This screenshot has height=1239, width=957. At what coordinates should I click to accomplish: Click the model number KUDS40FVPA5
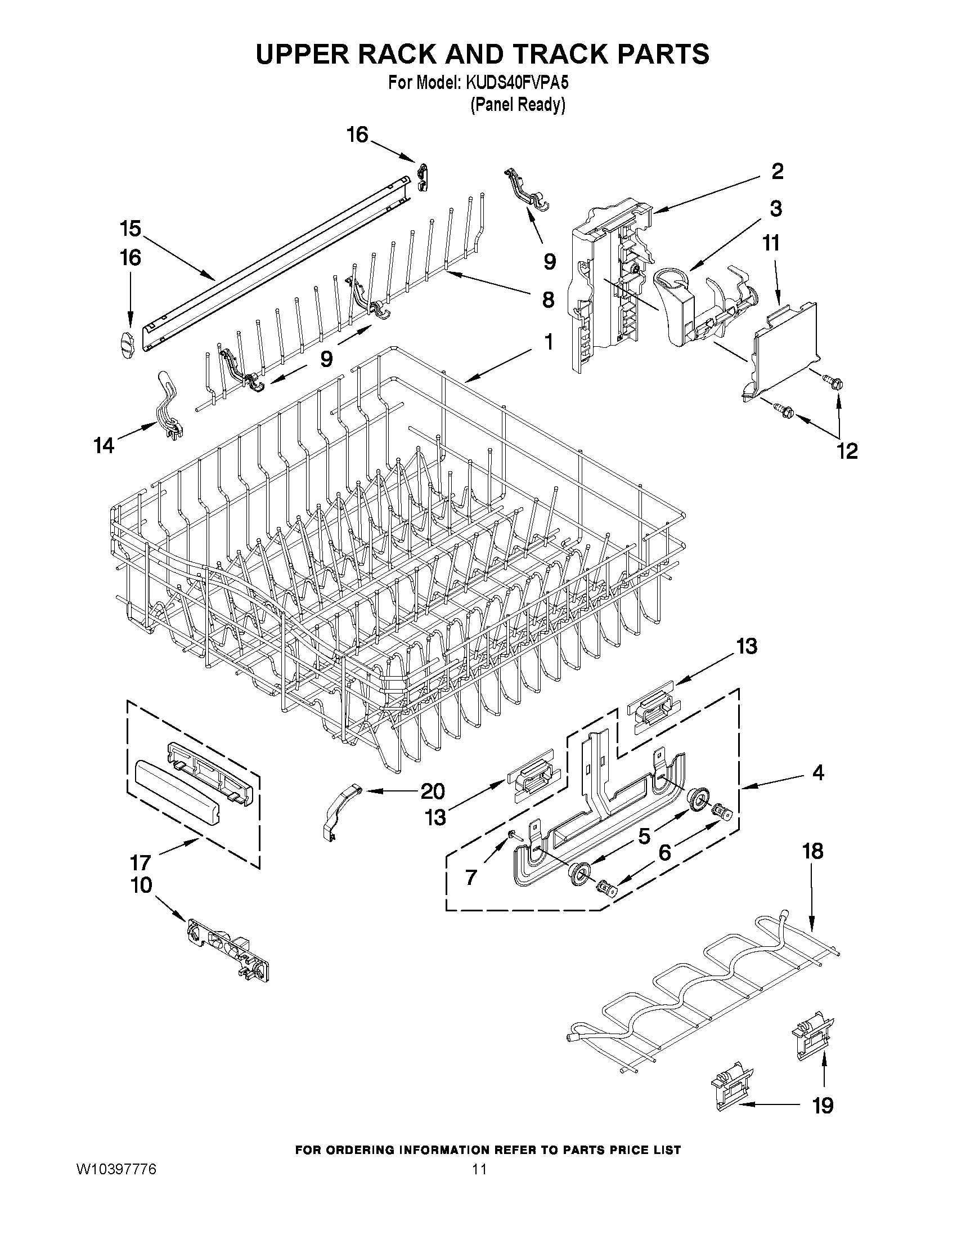[x=516, y=83]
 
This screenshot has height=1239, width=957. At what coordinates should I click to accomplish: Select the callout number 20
[x=432, y=791]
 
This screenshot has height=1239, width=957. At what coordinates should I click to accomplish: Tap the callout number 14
[x=104, y=445]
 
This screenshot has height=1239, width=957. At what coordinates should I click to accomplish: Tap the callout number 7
[x=471, y=878]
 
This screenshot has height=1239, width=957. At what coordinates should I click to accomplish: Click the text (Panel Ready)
[x=518, y=105]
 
